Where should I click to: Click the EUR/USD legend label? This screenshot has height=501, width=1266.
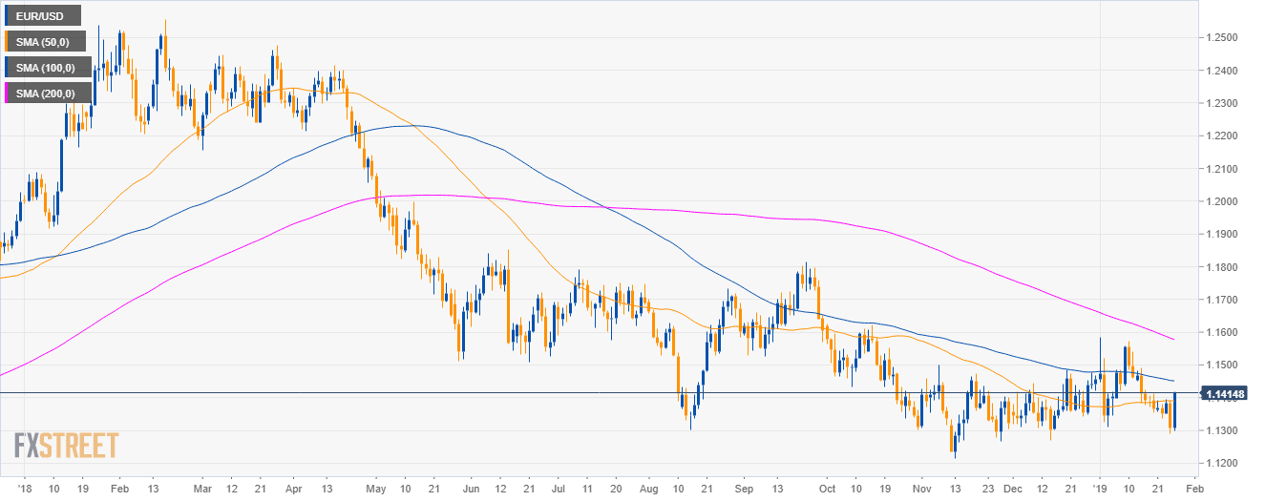43,15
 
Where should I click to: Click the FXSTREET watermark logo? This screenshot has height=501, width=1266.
67,446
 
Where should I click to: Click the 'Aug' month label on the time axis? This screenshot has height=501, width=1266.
649,487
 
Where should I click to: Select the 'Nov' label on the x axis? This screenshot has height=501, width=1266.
920,487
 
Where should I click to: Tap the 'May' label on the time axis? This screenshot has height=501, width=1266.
375,487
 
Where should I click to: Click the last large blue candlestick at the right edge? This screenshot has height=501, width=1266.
1174,411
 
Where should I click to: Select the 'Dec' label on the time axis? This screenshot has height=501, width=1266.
1012,487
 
